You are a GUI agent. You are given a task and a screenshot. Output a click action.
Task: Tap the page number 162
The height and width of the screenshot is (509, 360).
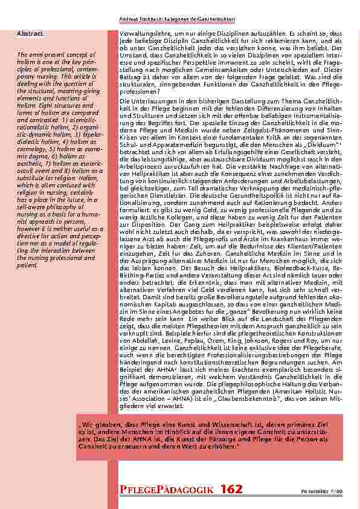(231, 488)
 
